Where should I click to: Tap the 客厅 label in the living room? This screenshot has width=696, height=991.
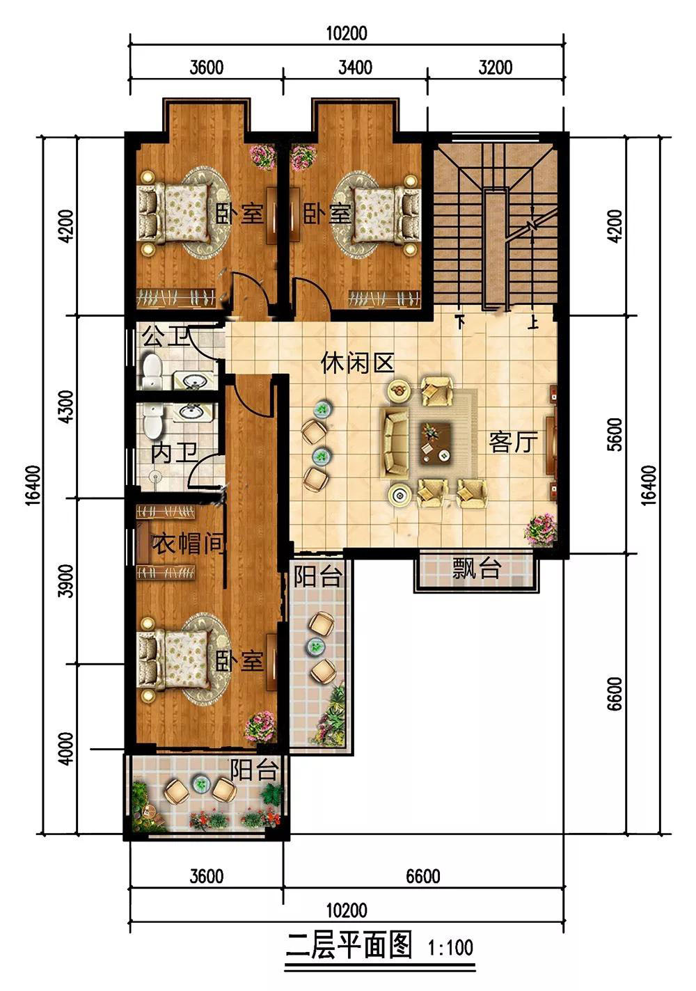click(x=513, y=441)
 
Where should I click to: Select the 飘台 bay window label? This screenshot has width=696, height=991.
click(x=477, y=569)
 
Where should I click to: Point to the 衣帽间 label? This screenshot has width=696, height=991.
click(x=189, y=544)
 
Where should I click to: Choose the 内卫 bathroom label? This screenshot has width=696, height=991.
click(x=173, y=454)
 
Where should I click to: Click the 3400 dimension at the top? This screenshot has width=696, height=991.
click(x=355, y=68)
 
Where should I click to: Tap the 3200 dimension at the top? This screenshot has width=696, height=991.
click(x=496, y=68)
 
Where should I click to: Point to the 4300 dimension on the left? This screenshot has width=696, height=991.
click(x=67, y=406)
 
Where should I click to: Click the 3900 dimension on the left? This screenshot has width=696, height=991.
click(x=67, y=581)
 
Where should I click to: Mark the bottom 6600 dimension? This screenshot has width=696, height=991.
click(x=423, y=876)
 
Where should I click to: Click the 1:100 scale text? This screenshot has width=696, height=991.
click(x=450, y=948)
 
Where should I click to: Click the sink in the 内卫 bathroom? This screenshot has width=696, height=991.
click(x=191, y=412)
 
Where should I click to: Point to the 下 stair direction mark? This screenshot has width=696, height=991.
click(x=461, y=322)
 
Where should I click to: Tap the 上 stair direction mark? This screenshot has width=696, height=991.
click(x=533, y=322)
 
